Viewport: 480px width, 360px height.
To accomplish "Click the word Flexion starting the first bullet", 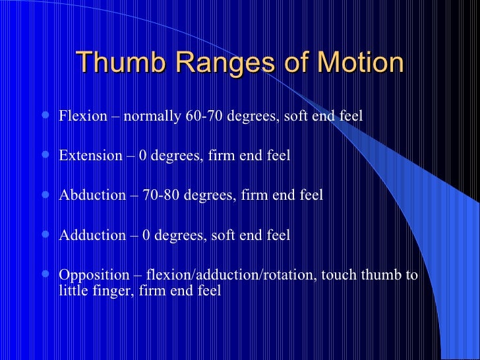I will pos(82,117).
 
